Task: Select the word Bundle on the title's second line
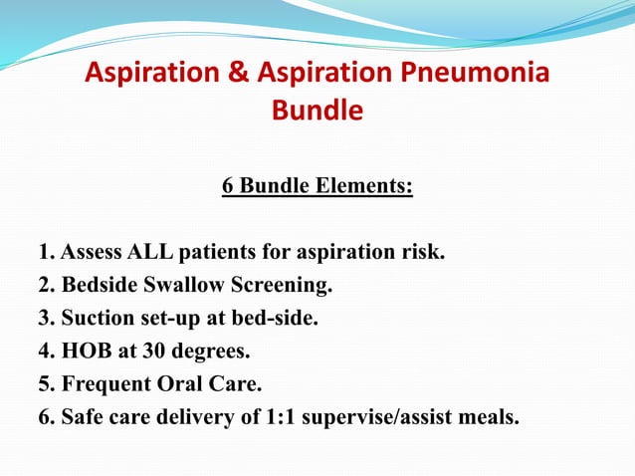[317, 111]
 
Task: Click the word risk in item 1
[420, 250]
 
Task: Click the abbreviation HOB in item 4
[87, 352]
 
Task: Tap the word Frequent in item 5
[105, 384]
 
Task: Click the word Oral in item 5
[176, 383]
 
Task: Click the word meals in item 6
[491, 416]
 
